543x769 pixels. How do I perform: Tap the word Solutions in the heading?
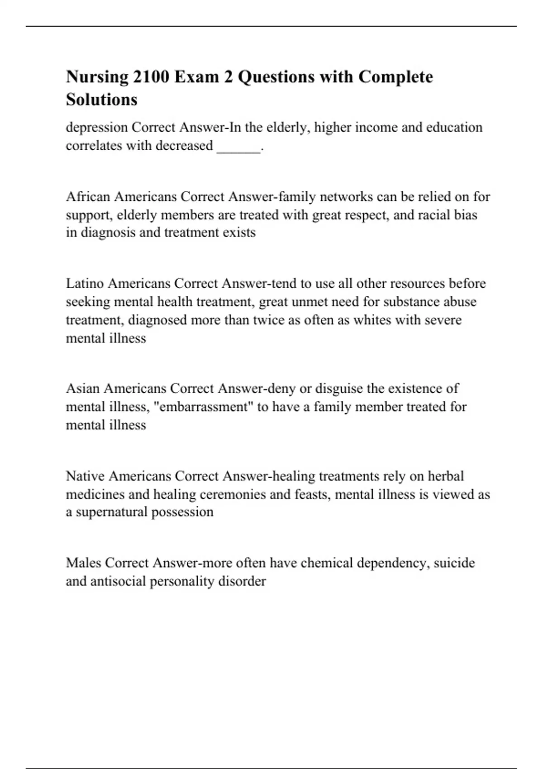pos(101,100)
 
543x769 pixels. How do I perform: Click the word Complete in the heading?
pos(395,77)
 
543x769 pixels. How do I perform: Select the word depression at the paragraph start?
pos(97,128)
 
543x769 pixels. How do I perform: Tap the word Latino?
pos(85,284)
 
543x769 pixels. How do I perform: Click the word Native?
pos(86,476)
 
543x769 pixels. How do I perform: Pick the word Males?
pos(84,563)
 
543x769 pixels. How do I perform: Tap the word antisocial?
pos(118,581)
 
